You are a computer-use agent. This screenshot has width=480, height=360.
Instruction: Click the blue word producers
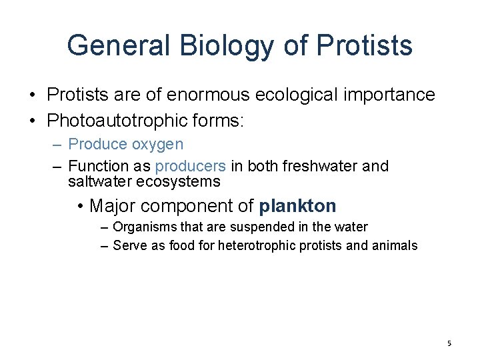pyautogui.click(x=190, y=166)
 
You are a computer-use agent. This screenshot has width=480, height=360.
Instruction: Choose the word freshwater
pyautogui.click(x=320, y=166)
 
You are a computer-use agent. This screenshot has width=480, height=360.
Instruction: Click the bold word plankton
pyautogui.click(x=298, y=205)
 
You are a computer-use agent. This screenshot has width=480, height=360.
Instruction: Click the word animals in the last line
pyautogui.click(x=394, y=245)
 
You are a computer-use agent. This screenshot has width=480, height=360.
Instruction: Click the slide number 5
pyautogui.click(x=449, y=343)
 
